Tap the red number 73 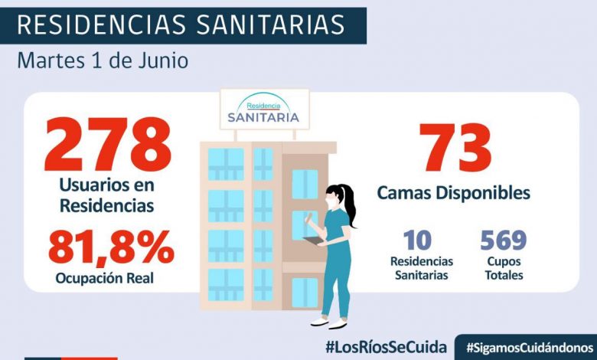[454, 149]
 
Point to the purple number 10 [417, 240]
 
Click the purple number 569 [503, 240]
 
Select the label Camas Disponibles [453, 192]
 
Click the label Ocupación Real [104, 278]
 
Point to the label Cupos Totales [503, 268]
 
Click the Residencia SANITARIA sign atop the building [263, 110]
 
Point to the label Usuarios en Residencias [107, 195]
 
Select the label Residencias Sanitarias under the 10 [422, 268]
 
